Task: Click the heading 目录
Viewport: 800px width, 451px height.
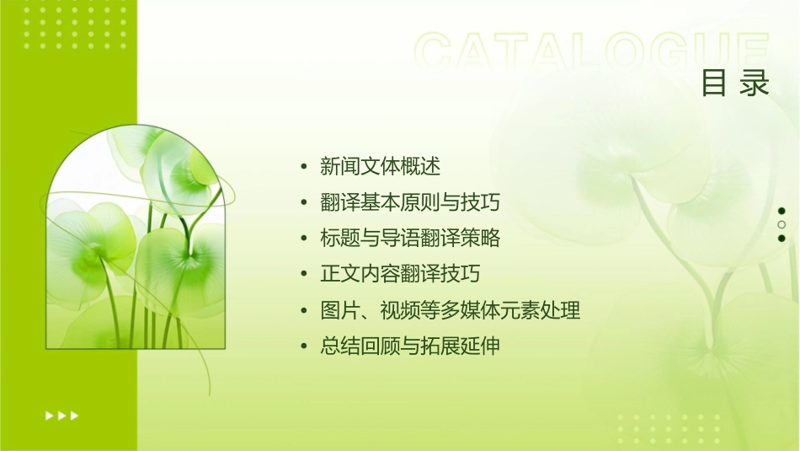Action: pos(735,83)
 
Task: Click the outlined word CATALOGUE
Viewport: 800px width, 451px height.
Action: pos(592,53)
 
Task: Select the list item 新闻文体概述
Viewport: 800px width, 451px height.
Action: pos(380,166)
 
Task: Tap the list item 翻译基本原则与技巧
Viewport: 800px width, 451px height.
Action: pos(410,202)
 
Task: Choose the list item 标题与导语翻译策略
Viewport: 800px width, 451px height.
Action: pos(410,239)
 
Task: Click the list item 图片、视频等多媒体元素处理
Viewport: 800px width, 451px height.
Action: pos(451,310)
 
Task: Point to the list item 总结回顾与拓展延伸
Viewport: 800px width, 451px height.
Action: pos(410,346)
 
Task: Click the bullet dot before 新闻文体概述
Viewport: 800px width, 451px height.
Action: pos(304,167)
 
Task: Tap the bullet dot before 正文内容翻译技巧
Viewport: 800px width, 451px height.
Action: pos(304,275)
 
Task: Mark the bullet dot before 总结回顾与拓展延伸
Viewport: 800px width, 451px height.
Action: pos(304,346)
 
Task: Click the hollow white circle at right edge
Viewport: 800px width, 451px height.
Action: pos(781,224)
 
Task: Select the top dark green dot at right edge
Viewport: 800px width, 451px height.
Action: pos(781,211)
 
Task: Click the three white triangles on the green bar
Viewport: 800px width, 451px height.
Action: pos(61,415)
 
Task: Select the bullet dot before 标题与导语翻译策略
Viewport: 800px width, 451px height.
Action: pos(304,239)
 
